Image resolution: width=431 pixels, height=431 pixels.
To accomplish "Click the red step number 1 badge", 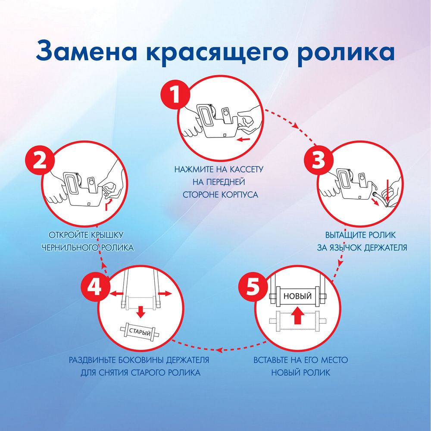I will pyautogui.click(x=175, y=95).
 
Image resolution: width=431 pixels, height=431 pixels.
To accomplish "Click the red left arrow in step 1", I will pyautogui.click(x=244, y=139).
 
